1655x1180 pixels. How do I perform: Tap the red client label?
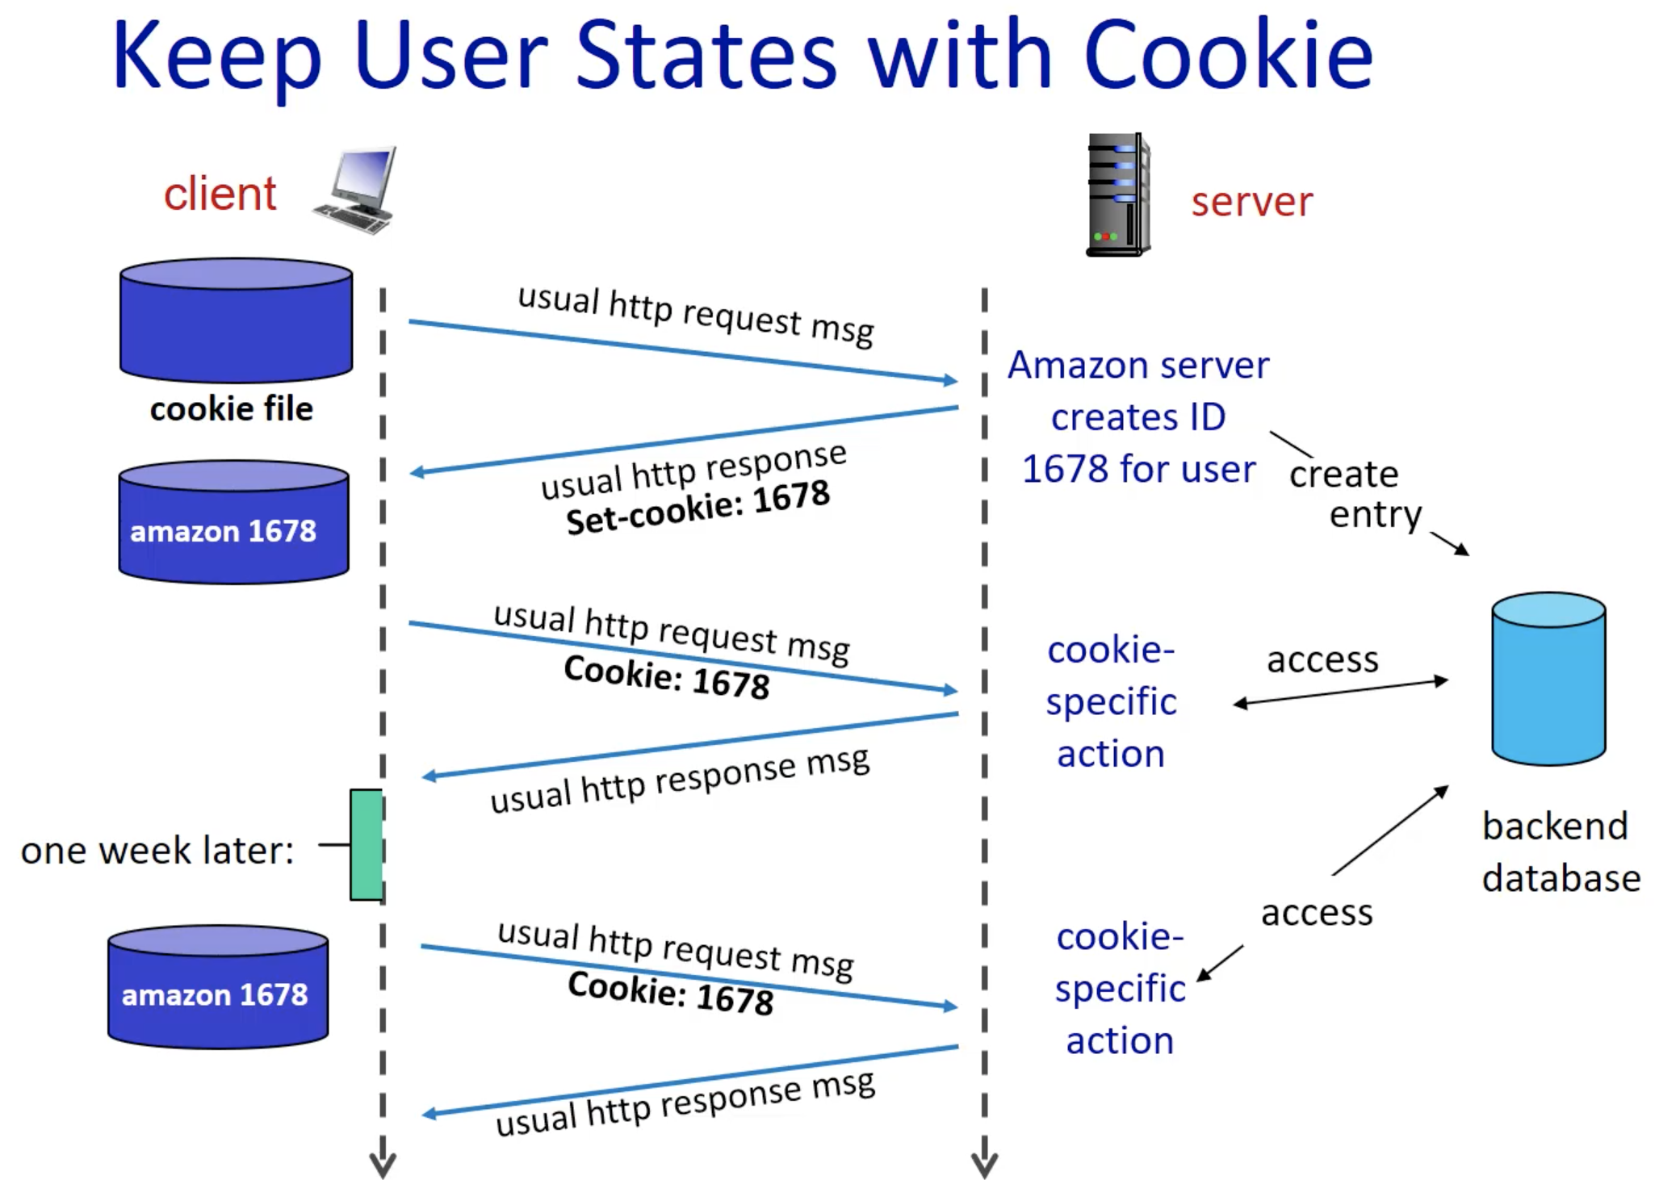pyautogui.click(x=220, y=194)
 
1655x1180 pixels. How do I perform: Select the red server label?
pyautogui.click(x=1251, y=201)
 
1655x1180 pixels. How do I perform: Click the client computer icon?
pyautogui.click(x=356, y=190)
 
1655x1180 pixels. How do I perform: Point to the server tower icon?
pyautogui.click(x=1117, y=195)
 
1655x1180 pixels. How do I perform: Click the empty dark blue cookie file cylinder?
pyautogui.click(x=236, y=321)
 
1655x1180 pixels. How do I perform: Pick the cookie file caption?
pyautogui.click(x=231, y=408)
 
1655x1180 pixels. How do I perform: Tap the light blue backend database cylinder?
pyautogui.click(x=1548, y=678)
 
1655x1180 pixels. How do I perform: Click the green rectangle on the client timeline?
pyautogui.click(x=366, y=844)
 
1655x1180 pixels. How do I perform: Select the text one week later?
pyautogui.click(x=157, y=851)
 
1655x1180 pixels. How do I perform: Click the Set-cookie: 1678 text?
pyautogui.click(x=698, y=507)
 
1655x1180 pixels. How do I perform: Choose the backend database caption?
pyautogui.click(x=1561, y=852)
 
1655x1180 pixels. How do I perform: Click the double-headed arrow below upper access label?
pyautogui.click(x=1340, y=693)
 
